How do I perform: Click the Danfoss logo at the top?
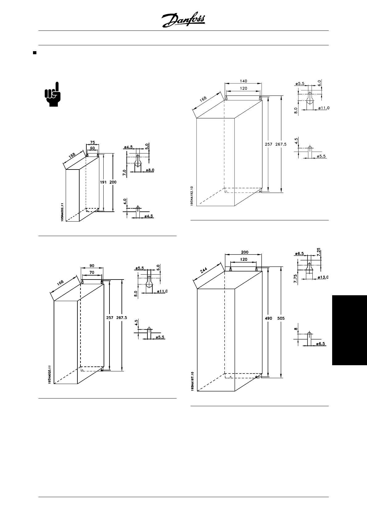(183, 21)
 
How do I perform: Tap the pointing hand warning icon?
(53, 94)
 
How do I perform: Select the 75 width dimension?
(93, 142)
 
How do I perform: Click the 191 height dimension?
(103, 182)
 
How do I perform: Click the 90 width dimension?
(92, 265)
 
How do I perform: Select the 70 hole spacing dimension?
(92, 272)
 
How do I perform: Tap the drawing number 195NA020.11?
(49, 374)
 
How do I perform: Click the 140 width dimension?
(243, 81)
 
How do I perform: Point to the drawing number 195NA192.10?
(192, 196)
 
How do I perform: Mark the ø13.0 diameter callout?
(323, 277)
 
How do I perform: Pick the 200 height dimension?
(113, 182)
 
